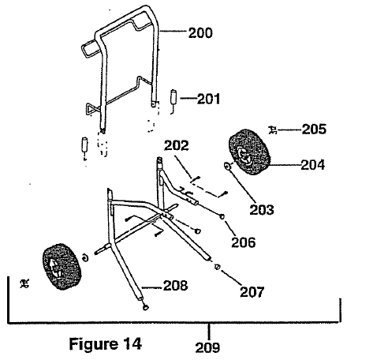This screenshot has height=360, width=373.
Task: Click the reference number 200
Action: (201, 33)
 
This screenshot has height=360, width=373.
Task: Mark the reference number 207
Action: (252, 291)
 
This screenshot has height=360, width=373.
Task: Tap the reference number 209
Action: (209, 345)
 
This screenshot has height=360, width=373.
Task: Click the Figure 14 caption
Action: (104, 343)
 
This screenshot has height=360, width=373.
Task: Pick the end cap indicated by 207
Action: (217, 268)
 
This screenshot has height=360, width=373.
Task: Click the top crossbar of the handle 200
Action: (122, 24)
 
